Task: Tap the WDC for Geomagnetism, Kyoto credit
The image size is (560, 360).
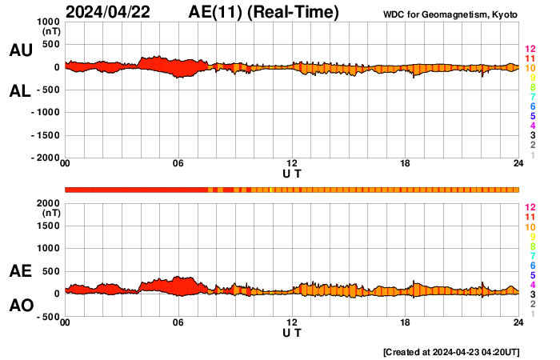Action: click(451, 15)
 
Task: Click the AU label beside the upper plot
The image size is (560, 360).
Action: click(20, 50)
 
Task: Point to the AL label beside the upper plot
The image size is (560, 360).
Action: click(20, 91)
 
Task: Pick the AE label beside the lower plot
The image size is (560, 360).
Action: click(20, 272)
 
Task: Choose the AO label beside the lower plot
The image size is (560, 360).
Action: click(20, 306)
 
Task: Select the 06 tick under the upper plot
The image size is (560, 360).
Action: click(178, 164)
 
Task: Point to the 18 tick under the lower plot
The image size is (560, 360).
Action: click(406, 322)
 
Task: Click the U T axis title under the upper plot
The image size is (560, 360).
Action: click(292, 173)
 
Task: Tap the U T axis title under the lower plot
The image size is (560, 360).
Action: click(292, 331)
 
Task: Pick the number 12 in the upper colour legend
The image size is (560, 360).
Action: click(530, 50)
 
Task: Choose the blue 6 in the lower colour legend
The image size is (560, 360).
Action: click(533, 265)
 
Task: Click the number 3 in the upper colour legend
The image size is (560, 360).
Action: click(533, 136)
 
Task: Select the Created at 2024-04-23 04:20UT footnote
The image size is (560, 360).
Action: click(450, 352)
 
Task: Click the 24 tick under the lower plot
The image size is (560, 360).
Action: click(518, 322)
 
